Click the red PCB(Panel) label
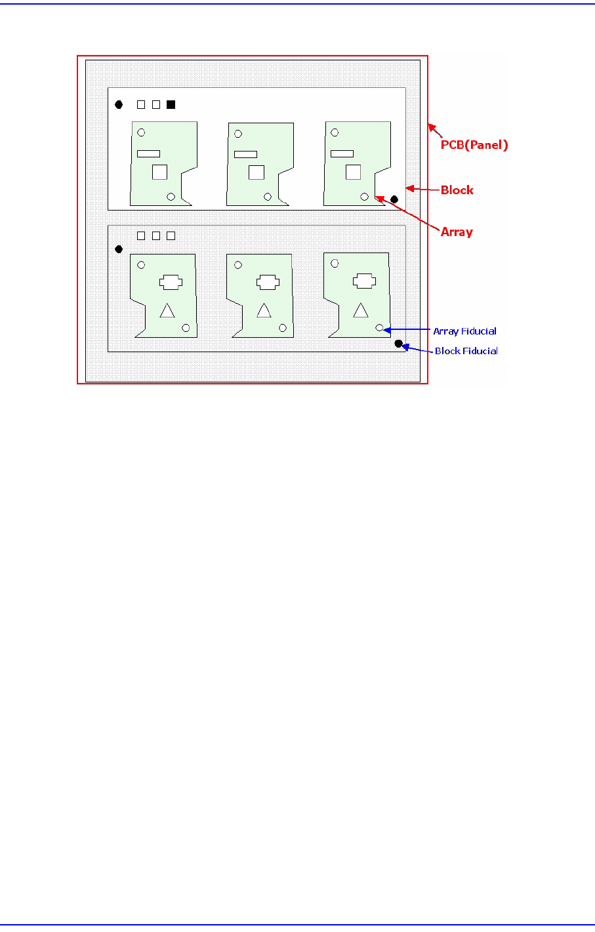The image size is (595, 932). pyautogui.click(x=474, y=145)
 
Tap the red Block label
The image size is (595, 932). pyautogui.click(x=457, y=190)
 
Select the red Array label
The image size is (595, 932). pyautogui.click(x=457, y=232)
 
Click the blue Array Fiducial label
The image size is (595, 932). pyautogui.click(x=464, y=331)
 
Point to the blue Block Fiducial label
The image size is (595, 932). pyautogui.click(x=466, y=351)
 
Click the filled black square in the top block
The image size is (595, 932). pyautogui.click(x=171, y=104)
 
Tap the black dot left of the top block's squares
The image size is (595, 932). pyautogui.click(x=119, y=104)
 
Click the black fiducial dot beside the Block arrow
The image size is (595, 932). pyautogui.click(x=394, y=199)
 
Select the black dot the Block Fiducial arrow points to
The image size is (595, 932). pyautogui.click(x=398, y=344)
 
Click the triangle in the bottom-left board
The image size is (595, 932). pyautogui.click(x=167, y=312)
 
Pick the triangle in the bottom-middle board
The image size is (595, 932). pyautogui.click(x=264, y=312)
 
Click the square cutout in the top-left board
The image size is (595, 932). pyautogui.click(x=159, y=172)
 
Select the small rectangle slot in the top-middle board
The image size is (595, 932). pyautogui.click(x=245, y=154)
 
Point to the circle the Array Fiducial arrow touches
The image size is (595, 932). pyautogui.click(x=379, y=327)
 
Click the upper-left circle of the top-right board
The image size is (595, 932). pyautogui.click(x=335, y=132)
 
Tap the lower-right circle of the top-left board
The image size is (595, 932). pyautogui.click(x=171, y=196)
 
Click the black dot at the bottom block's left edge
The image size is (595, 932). pyautogui.click(x=119, y=249)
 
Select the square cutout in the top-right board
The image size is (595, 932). pyautogui.click(x=353, y=172)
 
